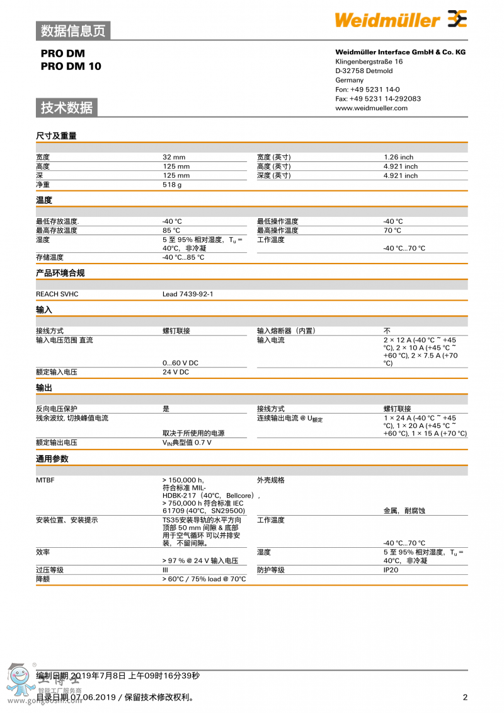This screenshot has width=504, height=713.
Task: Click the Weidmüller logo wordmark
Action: (387, 20)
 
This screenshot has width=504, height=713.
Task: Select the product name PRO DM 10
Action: (71, 66)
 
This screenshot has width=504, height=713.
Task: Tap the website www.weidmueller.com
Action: (371, 108)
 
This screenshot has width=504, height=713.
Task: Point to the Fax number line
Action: (378, 98)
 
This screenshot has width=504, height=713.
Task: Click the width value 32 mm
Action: (174, 157)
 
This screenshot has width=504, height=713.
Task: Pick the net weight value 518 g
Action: (172, 185)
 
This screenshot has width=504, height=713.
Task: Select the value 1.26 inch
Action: (398, 157)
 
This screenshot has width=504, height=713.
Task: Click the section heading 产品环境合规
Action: (60, 273)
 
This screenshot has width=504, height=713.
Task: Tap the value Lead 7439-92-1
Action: (188, 294)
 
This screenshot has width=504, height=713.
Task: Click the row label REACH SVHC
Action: (57, 294)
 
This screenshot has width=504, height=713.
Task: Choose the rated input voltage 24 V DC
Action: (176, 372)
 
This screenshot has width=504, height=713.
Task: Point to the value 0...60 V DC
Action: (180, 363)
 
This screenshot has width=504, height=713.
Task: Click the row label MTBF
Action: (45, 480)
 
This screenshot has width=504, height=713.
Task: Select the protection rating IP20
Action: (391, 570)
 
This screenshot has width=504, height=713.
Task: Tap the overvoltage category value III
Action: (166, 570)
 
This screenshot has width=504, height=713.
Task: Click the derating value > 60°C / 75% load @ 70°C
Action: (204, 579)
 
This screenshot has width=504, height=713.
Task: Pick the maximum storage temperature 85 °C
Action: (171, 231)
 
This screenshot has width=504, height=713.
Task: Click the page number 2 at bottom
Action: (465, 697)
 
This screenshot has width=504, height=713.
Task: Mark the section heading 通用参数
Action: (52, 459)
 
